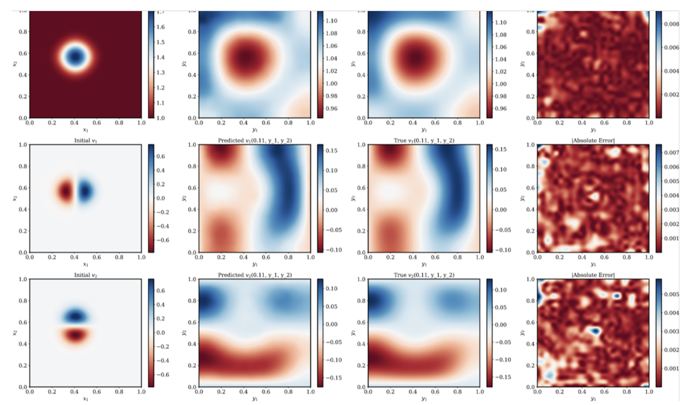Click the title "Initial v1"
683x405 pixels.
[85, 141]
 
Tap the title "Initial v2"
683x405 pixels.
[85, 275]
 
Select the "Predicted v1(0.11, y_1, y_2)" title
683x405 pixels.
[255, 141]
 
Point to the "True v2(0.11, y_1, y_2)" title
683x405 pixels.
[424, 275]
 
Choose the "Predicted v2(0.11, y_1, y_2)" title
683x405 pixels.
[255, 275]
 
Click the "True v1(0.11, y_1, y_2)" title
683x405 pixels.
[424, 141]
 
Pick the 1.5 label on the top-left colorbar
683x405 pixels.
[160, 42]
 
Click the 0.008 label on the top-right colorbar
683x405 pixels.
[671, 24]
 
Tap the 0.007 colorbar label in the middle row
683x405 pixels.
[671, 153]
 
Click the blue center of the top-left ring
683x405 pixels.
[75, 56]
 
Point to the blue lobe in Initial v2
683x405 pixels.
[75, 316]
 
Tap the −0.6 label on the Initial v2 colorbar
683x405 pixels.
[162, 374]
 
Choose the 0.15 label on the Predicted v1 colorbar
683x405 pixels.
[331, 151]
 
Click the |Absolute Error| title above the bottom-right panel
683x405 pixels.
[593, 275]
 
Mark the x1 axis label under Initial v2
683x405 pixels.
[85, 399]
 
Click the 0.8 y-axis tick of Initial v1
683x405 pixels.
[23, 166]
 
